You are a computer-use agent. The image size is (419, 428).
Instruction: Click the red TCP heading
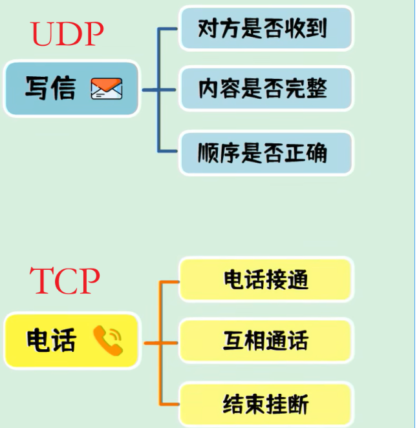(x=65, y=281)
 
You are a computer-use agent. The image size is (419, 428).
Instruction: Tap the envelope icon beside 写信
(x=107, y=88)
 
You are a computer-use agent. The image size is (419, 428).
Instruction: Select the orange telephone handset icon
(x=107, y=340)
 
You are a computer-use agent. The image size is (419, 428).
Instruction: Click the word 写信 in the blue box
(x=50, y=88)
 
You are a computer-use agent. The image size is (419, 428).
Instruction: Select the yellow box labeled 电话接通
(x=266, y=280)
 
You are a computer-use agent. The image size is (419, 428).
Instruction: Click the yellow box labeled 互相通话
(x=266, y=340)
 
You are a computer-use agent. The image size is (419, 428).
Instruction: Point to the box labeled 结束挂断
(x=266, y=404)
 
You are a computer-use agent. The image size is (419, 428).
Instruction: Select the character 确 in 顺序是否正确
(x=317, y=152)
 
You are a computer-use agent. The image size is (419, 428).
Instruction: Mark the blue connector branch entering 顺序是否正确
(x=168, y=152)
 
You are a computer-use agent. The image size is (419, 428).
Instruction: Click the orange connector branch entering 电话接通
(x=169, y=282)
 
